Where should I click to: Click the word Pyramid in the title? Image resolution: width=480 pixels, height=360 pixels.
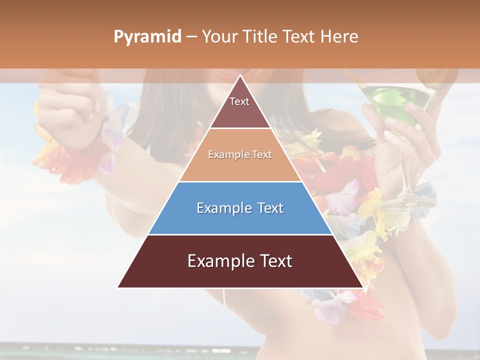147,37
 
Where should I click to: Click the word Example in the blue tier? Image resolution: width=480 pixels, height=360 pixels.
220,208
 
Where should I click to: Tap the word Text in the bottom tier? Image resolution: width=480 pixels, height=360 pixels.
274,261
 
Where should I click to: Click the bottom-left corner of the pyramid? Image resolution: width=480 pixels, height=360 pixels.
118,287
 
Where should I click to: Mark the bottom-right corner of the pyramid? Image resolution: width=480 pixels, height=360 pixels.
362,287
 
